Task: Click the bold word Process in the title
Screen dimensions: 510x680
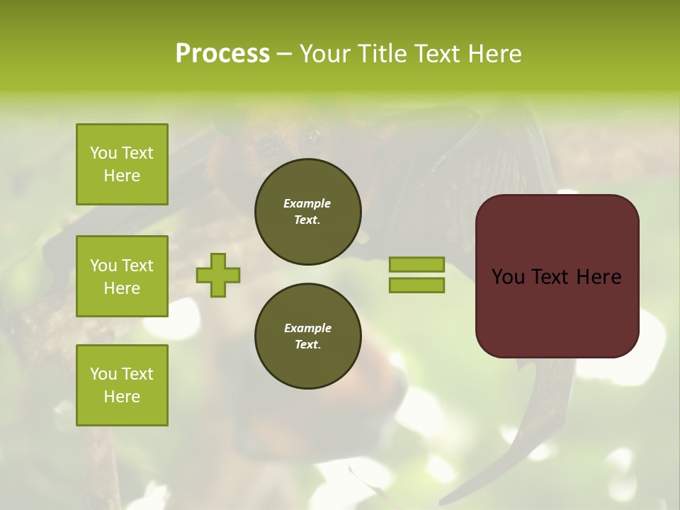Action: tap(222, 54)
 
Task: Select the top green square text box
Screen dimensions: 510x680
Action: tap(122, 164)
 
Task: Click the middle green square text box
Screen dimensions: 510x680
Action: tap(122, 276)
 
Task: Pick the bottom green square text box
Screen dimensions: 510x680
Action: tap(122, 385)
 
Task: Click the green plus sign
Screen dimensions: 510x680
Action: tap(218, 275)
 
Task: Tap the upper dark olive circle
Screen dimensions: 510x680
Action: tap(307, 212)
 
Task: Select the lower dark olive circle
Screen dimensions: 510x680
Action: tap(307, 336)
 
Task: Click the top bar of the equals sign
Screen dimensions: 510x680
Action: tap(416, 265)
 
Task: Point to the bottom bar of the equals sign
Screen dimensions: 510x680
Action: tap(416, 285)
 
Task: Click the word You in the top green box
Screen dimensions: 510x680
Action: tap(103, 153)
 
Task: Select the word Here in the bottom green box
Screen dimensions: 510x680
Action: tap(122, 397)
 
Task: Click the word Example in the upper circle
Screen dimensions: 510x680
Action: tap(307, 203)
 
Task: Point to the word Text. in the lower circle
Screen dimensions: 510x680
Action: tap(307, 344)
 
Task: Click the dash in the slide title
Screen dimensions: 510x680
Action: tap(284, 55)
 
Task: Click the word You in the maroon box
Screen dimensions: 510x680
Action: tap(508, 277)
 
